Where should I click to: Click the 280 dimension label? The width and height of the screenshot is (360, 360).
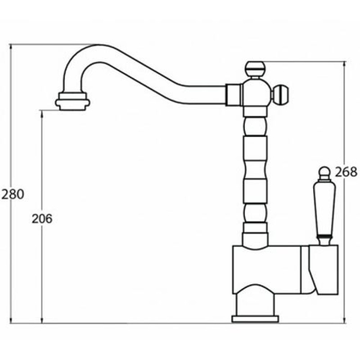pyautogui.click(x=13, y=194)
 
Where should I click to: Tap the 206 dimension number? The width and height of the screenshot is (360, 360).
pyautogui.click(x=42, y=219)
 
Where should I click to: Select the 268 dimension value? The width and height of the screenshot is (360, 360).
pyautogui.click(x=346, y=172)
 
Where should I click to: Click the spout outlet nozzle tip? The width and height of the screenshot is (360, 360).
pyautogui.click(x=72, y=101)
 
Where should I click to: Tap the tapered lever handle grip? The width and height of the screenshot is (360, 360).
pyautogui.click(x=324, y=208)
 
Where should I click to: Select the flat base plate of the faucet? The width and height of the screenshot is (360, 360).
pyautogui.click(x=255, y=319)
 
